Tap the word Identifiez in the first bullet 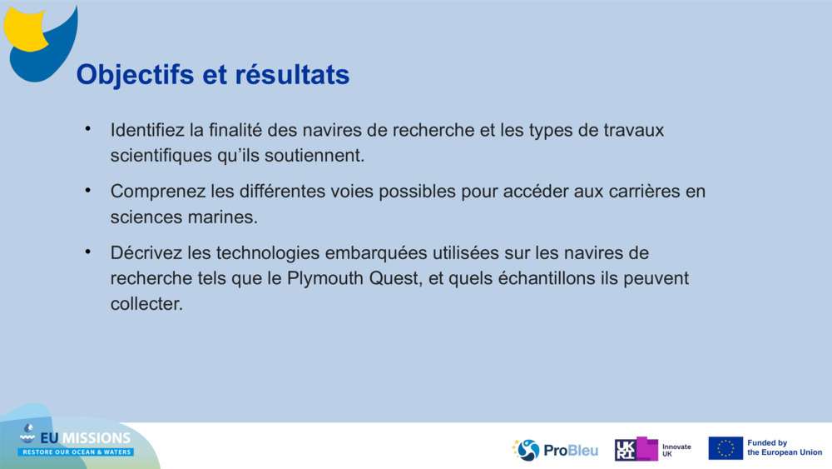[147, 131]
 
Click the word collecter [146, 304]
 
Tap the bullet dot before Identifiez [87, 130]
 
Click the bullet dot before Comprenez [87, 191]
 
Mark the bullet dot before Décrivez [87, 252]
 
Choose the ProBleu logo [555, 450]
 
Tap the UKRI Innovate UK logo [652, 450]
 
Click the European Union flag [726, 448]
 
